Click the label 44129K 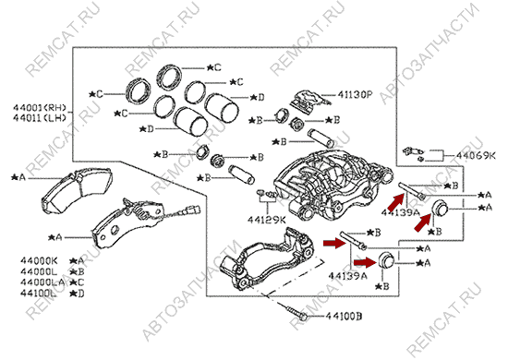pyautogui.click(x=267, y=220)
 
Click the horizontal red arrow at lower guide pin pyautogui.click(x=333, y=244)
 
